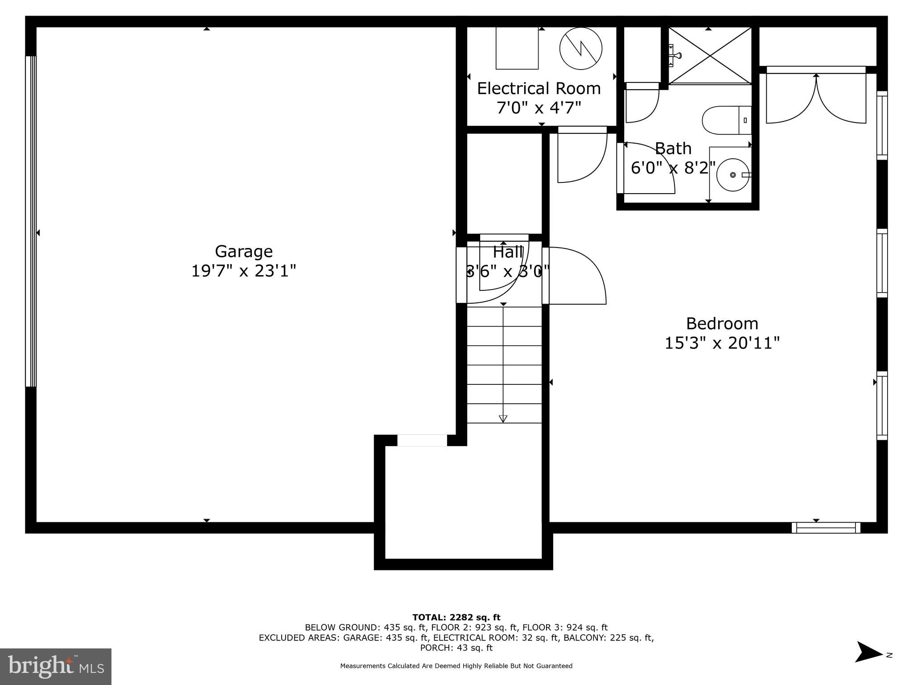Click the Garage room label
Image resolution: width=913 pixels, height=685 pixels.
coord(243,252)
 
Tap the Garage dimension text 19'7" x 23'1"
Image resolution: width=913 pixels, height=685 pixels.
coord(243,271)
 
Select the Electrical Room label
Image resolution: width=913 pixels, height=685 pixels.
coord(539,88)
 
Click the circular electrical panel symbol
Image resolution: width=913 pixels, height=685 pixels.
coord(580,49)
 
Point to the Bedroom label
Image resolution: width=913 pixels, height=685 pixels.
coord(722,323)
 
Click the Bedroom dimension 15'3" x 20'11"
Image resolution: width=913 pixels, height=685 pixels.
coord(722,343)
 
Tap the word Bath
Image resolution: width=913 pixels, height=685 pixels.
coord(673,148)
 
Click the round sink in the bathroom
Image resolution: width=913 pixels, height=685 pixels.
coord(732,175)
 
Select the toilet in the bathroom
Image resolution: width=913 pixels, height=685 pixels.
coord(726,120)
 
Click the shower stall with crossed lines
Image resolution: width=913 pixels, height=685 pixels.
coord(710,55)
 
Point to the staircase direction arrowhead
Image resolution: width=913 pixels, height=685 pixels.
coord(503,418)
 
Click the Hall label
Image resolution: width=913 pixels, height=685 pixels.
coord(507,252)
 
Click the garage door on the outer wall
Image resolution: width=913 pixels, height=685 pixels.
coord(31,221)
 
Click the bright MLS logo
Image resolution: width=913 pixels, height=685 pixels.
coord(56,667)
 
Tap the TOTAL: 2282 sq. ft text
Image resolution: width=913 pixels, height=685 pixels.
coord(456,618)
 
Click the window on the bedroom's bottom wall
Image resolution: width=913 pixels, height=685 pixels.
coord(826,528)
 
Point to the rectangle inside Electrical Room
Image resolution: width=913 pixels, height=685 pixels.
coord(517,48)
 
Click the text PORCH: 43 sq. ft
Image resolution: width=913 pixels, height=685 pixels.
coord(456,648)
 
